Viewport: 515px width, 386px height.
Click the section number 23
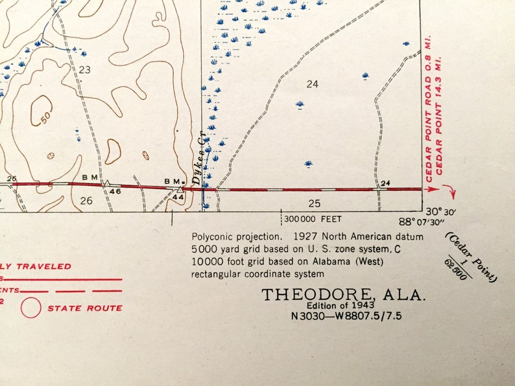pyautogui.click(x=84, y=69)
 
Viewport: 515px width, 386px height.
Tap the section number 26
pyautogui.click(x=86, y=201)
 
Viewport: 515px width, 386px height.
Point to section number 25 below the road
pyautogui.click(x=315, y=203)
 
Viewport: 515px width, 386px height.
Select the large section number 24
pyautogui.click(x=313, y=84)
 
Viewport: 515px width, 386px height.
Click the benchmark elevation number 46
pyautogui.click(x=115, y=191)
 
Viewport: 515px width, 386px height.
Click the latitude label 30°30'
pyautogui.click(x=442, y=211)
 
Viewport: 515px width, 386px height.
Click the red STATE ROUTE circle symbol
pyautogui.click(x=30, y=308)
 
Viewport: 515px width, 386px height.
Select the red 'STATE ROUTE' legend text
pyautogui.click(x=84, y=308)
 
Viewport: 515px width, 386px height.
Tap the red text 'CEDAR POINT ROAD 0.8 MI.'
pyautogui.click(x=429, y=111)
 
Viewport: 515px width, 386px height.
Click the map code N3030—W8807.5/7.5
pyautogui.click(x=344, y=317)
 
